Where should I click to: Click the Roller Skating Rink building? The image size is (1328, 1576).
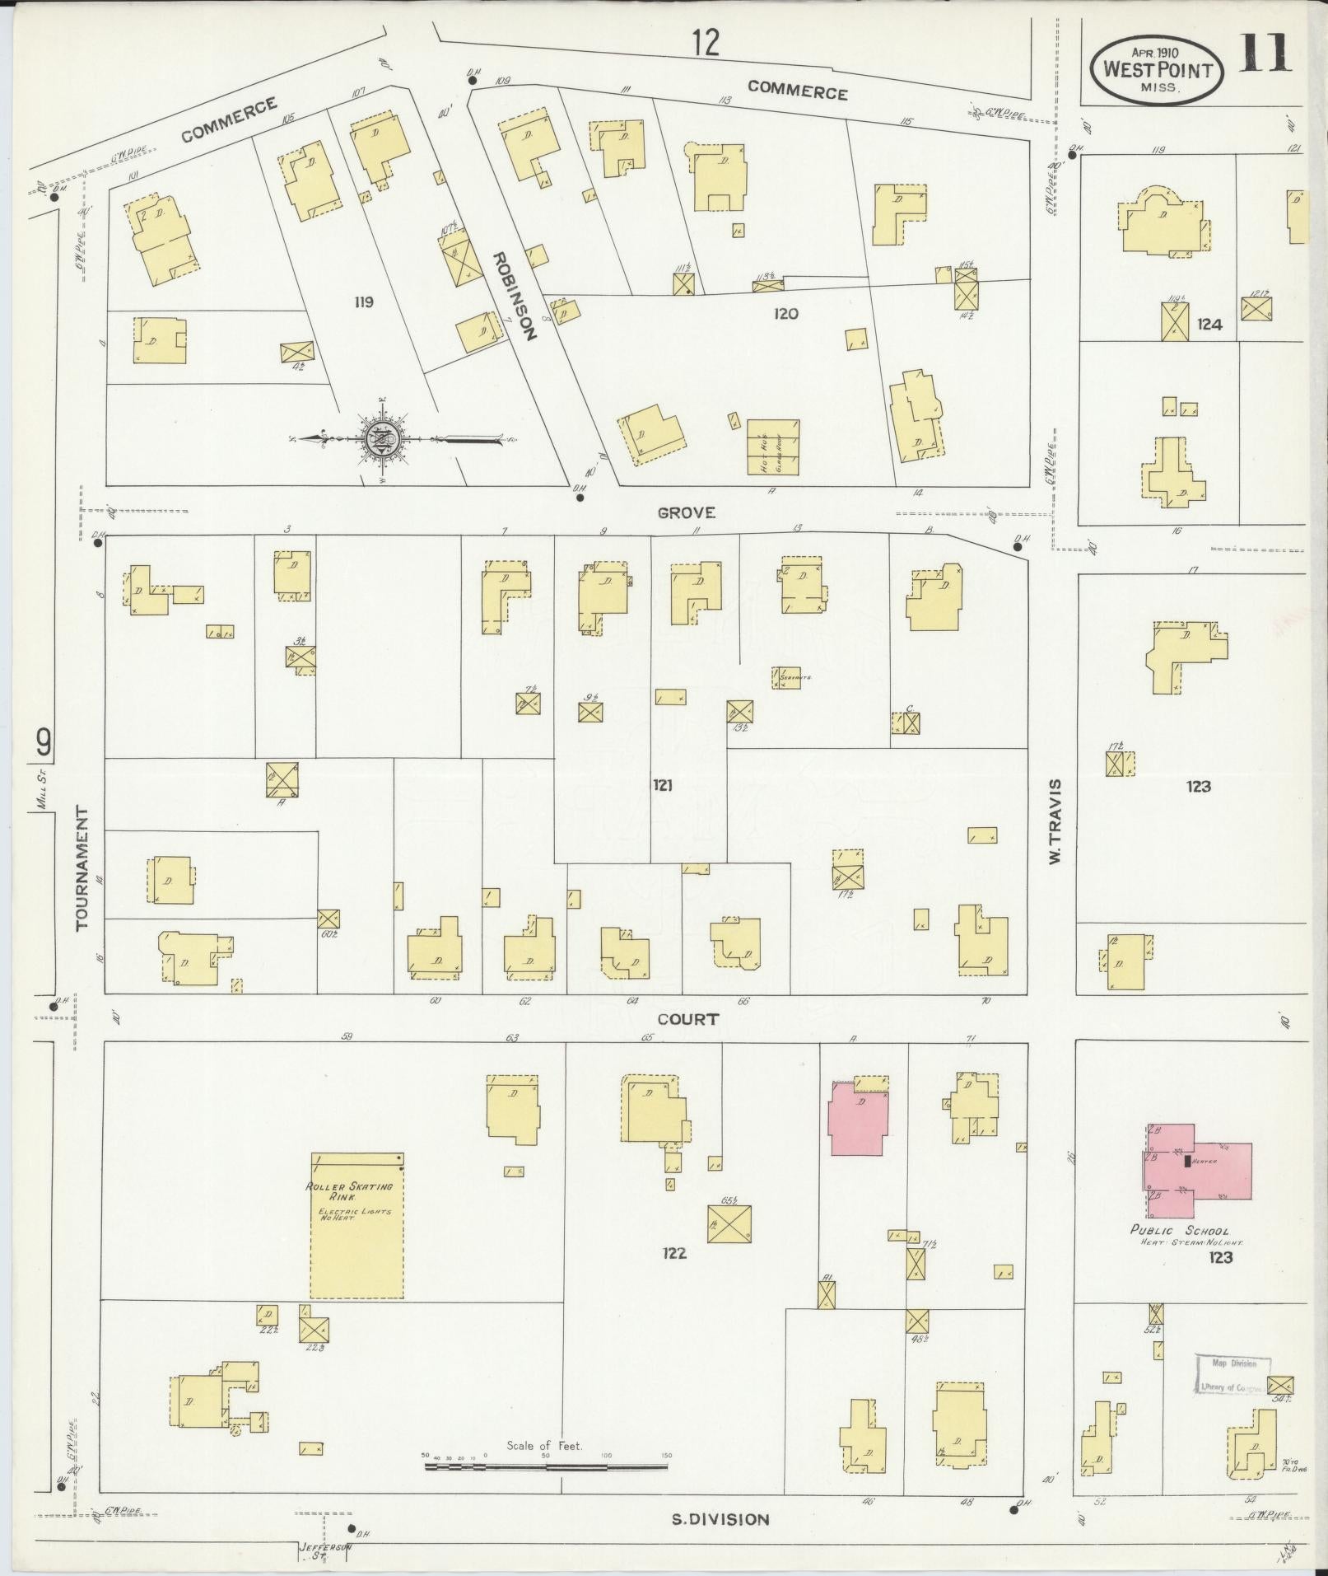357,1225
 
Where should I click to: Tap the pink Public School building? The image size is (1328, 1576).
1196,1171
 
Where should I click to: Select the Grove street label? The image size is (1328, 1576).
686,513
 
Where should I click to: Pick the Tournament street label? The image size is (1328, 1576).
82,868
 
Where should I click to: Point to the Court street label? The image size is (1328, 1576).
688,1019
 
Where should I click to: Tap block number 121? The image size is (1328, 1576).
662,785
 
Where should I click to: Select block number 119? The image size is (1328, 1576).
363,302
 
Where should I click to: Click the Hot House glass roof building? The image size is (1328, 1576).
773,447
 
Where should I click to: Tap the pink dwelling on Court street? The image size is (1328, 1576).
858,1120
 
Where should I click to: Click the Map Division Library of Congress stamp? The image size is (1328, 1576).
1231,1375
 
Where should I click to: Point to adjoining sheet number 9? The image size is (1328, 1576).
43,743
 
